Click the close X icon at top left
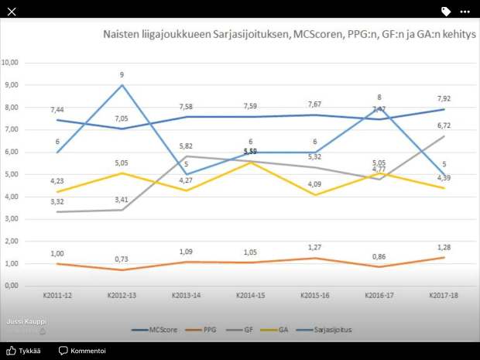[x=11, y=11]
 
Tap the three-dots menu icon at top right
[x=465, y=12]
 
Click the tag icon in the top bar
[x=446, y=12]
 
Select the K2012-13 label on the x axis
[x=122, y=296]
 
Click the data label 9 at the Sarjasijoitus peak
[x=122, y=75]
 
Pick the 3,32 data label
[x=57, y=201]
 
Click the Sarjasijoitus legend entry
[x=328, y=329]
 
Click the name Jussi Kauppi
[x=25, y=321]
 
